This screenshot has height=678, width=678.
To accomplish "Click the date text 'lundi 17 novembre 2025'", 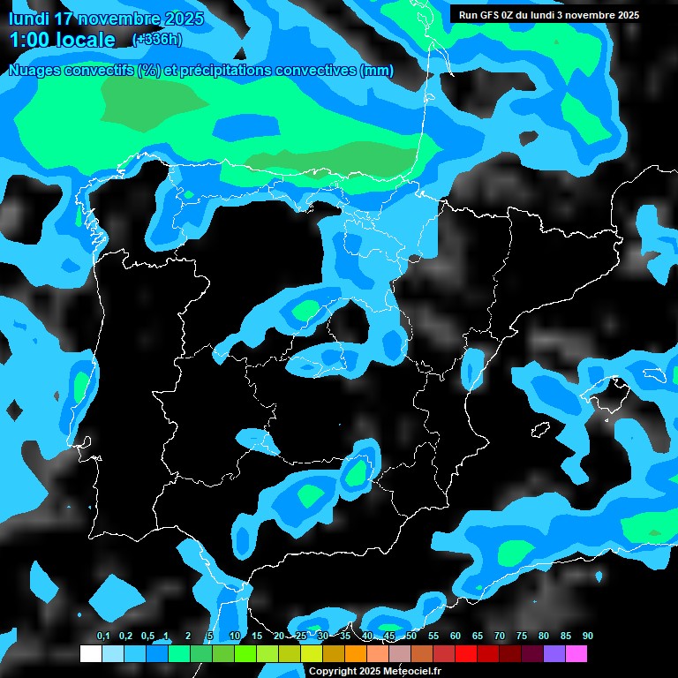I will pos(105,19).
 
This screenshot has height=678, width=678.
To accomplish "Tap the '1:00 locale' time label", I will pos(62,40).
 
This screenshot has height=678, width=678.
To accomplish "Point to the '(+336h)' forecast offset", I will pos(156,39).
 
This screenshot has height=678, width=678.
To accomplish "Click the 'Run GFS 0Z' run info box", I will pos(548,14).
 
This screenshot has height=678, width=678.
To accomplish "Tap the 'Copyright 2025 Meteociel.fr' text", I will pos(374,671).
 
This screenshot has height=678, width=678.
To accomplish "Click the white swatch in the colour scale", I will pos(90,654).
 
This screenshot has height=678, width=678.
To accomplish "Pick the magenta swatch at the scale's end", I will pos(576,654).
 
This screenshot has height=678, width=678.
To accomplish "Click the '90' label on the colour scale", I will pos(587,637).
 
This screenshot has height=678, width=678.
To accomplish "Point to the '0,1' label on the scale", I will pos(103,637).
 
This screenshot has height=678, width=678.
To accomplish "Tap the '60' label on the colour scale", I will pos(456,637).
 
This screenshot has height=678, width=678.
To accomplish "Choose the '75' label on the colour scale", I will pos(522,637).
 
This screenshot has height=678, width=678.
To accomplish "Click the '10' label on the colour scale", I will pos(234,637).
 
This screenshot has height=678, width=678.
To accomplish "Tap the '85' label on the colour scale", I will pos(565,637).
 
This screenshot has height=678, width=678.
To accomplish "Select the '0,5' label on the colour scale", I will pos(147,637).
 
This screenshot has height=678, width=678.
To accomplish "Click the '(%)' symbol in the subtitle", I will pos(149,70).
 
